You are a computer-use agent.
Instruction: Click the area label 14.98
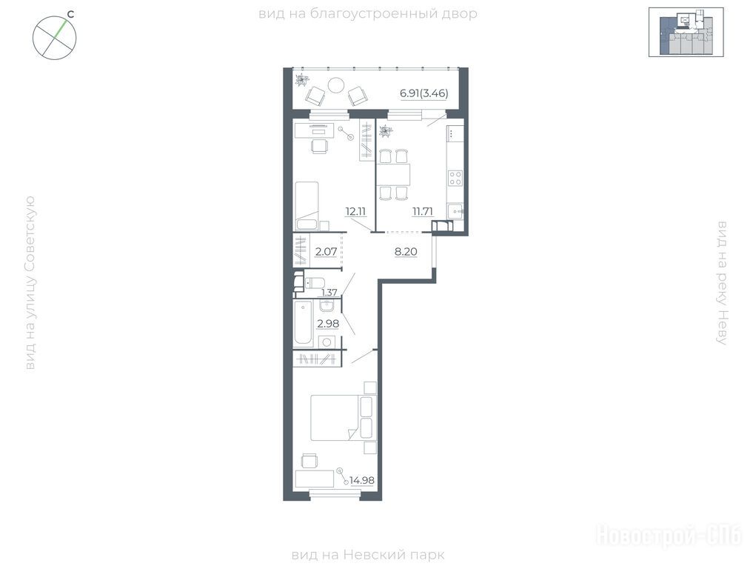tap(362, 480)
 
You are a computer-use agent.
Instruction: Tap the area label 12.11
tap(356, 211)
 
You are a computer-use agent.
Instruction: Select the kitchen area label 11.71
tap(423, 211)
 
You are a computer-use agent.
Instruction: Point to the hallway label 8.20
tap(406, 251)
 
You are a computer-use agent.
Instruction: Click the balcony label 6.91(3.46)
tap(424, 93)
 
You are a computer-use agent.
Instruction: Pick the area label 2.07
tap(326, 251)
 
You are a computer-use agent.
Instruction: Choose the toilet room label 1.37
tap(329, 292)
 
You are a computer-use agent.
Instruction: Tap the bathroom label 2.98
tap(328, 324)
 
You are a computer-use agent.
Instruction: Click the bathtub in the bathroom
tap(304, 323)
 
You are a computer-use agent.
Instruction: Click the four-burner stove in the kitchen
tap(455, 179)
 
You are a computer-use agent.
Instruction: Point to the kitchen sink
tap(455, 210)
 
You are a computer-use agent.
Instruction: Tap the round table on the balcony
tap(335, 85)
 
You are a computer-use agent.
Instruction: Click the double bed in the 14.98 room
tap(341, 418)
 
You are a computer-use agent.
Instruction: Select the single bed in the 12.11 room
tap(307, 206)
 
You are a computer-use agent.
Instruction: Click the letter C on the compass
tap(70, 14)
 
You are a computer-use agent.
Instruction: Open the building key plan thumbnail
tap(686, 32)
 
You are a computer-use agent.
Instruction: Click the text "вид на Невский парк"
tap(368, 555)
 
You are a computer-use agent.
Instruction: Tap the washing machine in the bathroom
tap(327, 342)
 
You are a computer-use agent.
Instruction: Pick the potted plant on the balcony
tap(302, 80)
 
